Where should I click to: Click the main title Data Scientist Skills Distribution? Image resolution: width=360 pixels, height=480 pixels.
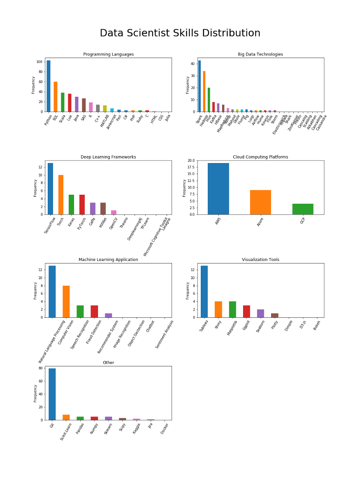click(x=180, y=33)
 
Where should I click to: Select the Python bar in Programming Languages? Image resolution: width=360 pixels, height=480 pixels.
click(x=49, y=86)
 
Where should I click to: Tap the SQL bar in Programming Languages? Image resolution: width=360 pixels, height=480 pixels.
click(x=56, y=97)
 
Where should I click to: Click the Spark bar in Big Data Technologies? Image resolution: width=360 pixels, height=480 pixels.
click(x=200, y=86)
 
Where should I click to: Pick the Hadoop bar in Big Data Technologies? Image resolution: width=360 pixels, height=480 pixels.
click(x=204, y=91)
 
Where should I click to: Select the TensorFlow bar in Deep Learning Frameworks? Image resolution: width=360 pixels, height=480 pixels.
click(x=50, y=189)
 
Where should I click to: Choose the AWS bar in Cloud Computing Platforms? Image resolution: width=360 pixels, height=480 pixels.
click(x=218, y=189)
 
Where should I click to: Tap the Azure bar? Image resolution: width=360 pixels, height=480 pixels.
click(x=260, y=202)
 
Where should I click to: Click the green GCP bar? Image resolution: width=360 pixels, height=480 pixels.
click(x=303, y=209)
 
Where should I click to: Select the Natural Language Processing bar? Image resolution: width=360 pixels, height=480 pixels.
click(x=52, y=291)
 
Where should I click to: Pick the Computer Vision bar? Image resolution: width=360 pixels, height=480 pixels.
click(x=66, y=301)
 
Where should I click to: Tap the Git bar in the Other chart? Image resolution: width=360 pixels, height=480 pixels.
click(x=52, y=394)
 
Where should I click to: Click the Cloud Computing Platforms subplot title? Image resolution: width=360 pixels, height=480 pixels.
click(x=260, y=157)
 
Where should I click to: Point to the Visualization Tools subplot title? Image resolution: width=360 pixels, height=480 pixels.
click(x=260, y=260)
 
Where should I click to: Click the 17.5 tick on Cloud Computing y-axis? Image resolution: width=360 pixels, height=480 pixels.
click(x=191, y=167)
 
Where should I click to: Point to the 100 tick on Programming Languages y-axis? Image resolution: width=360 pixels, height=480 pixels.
click(x=39, y=62)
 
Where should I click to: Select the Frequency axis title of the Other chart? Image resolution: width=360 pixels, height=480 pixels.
click(x=35, y=393)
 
